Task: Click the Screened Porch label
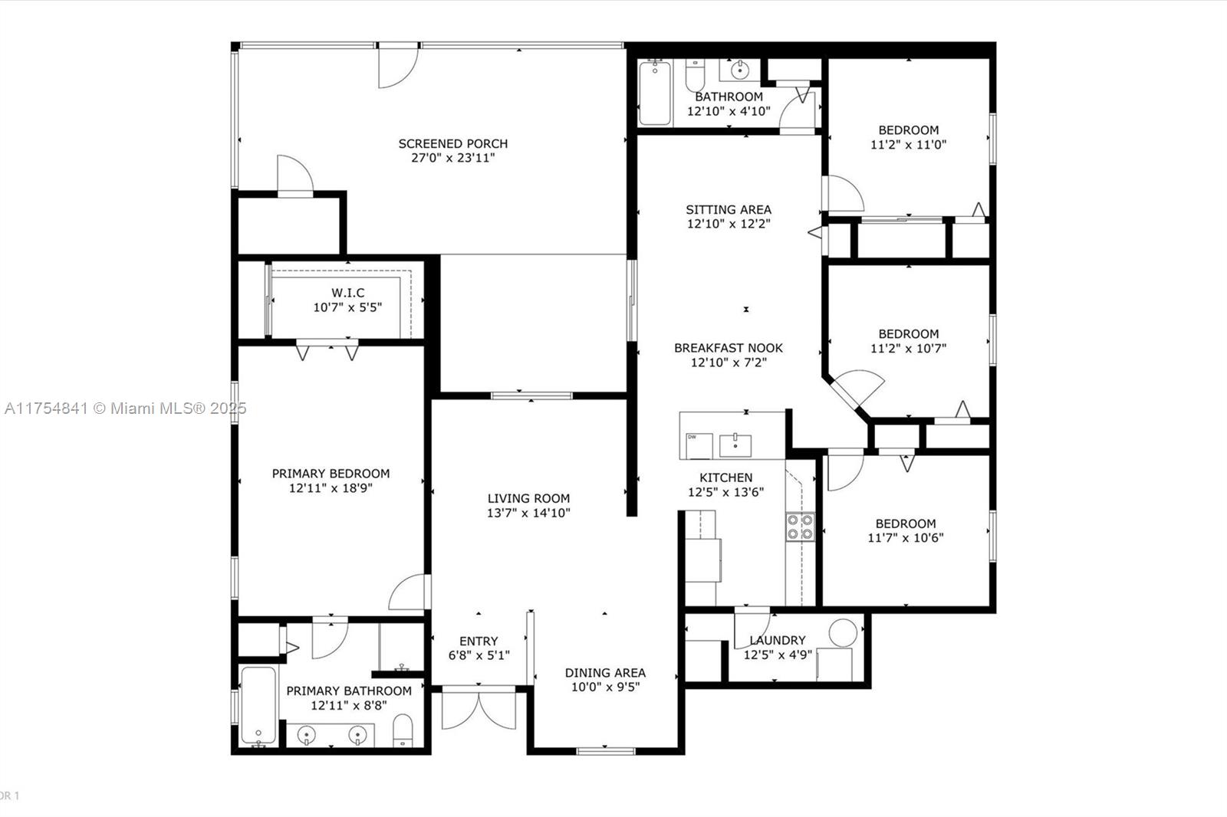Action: coord(453,143)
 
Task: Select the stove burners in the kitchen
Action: coord(801,527)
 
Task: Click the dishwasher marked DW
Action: coord(699,446)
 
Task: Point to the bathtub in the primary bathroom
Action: coord(258,706)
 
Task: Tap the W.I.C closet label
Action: coord(348,293)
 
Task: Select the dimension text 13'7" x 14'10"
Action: coord(528,513)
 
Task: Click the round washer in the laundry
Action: coord(843,632)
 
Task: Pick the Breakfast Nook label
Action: coord(729,348)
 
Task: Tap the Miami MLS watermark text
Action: coord(126,408)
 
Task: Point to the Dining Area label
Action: coord(605,672)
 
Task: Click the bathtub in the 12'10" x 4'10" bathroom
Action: coord(655,93)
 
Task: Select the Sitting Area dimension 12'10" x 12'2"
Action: coord(729,224)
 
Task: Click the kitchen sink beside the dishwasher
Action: coord(735,445)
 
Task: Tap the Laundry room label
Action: coord(778,640)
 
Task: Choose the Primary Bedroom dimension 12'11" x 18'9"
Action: coord(331,488)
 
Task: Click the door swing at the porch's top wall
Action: coord(399,67)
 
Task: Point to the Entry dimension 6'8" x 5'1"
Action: coord(479,655)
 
